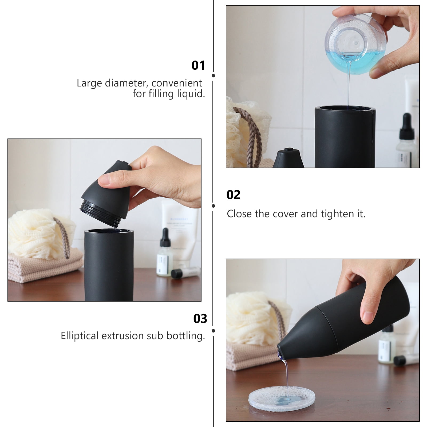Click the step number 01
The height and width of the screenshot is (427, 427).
[x=198, y=65]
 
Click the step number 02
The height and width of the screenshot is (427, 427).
[x=233, y=195]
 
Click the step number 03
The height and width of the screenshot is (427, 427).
[x=200, y=319]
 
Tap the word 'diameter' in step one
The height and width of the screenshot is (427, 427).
[x=126, y=83]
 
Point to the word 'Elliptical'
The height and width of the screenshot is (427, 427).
[x=80, y=336]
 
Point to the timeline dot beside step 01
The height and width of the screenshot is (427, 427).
[x=213, y=76]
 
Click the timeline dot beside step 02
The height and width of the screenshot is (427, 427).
[x=213, y=206]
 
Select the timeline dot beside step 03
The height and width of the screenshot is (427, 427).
[x=213, y=331]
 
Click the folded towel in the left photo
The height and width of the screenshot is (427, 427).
[x=45, y=267]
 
